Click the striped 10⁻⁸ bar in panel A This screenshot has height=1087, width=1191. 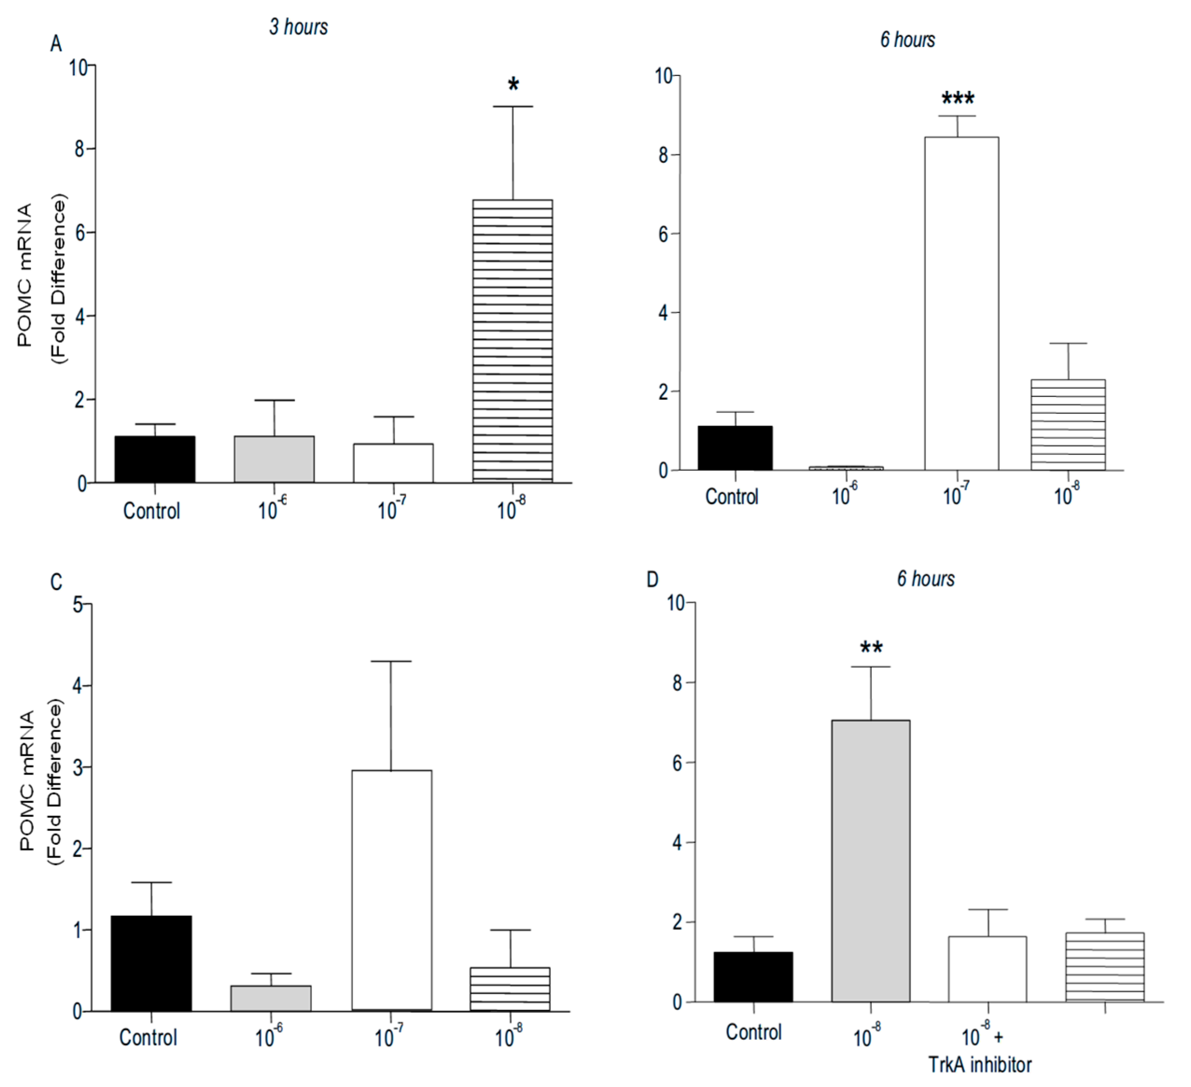pyautogui.click(x=512, y=341)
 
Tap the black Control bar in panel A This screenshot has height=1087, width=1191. pyautogui.click(x=155, y=459)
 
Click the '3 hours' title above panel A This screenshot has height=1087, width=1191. pyautogui.click(x=299, y=27)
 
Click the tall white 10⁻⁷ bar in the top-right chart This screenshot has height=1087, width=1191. pyautogui.click(x=961, y=304)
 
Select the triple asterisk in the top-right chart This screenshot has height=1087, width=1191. pyautogui.click(x=958, y=98)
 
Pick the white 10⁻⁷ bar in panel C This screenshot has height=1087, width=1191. pyautogui.click(x=391, y=890)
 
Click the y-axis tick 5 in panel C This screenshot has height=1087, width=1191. pyautogui.click(x=77, y=605)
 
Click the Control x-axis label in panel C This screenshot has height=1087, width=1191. pyautogui.click(x=148, y=1038)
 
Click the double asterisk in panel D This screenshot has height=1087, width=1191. pyautogui.click(x=871, y=648)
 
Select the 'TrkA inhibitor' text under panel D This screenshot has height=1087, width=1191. pyautogui.click(x=980, y=1065)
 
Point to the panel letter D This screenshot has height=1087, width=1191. pyautogui.click(x=652, y=580)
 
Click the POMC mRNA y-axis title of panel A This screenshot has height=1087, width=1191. pyautogui.click(x=25, y=275)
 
